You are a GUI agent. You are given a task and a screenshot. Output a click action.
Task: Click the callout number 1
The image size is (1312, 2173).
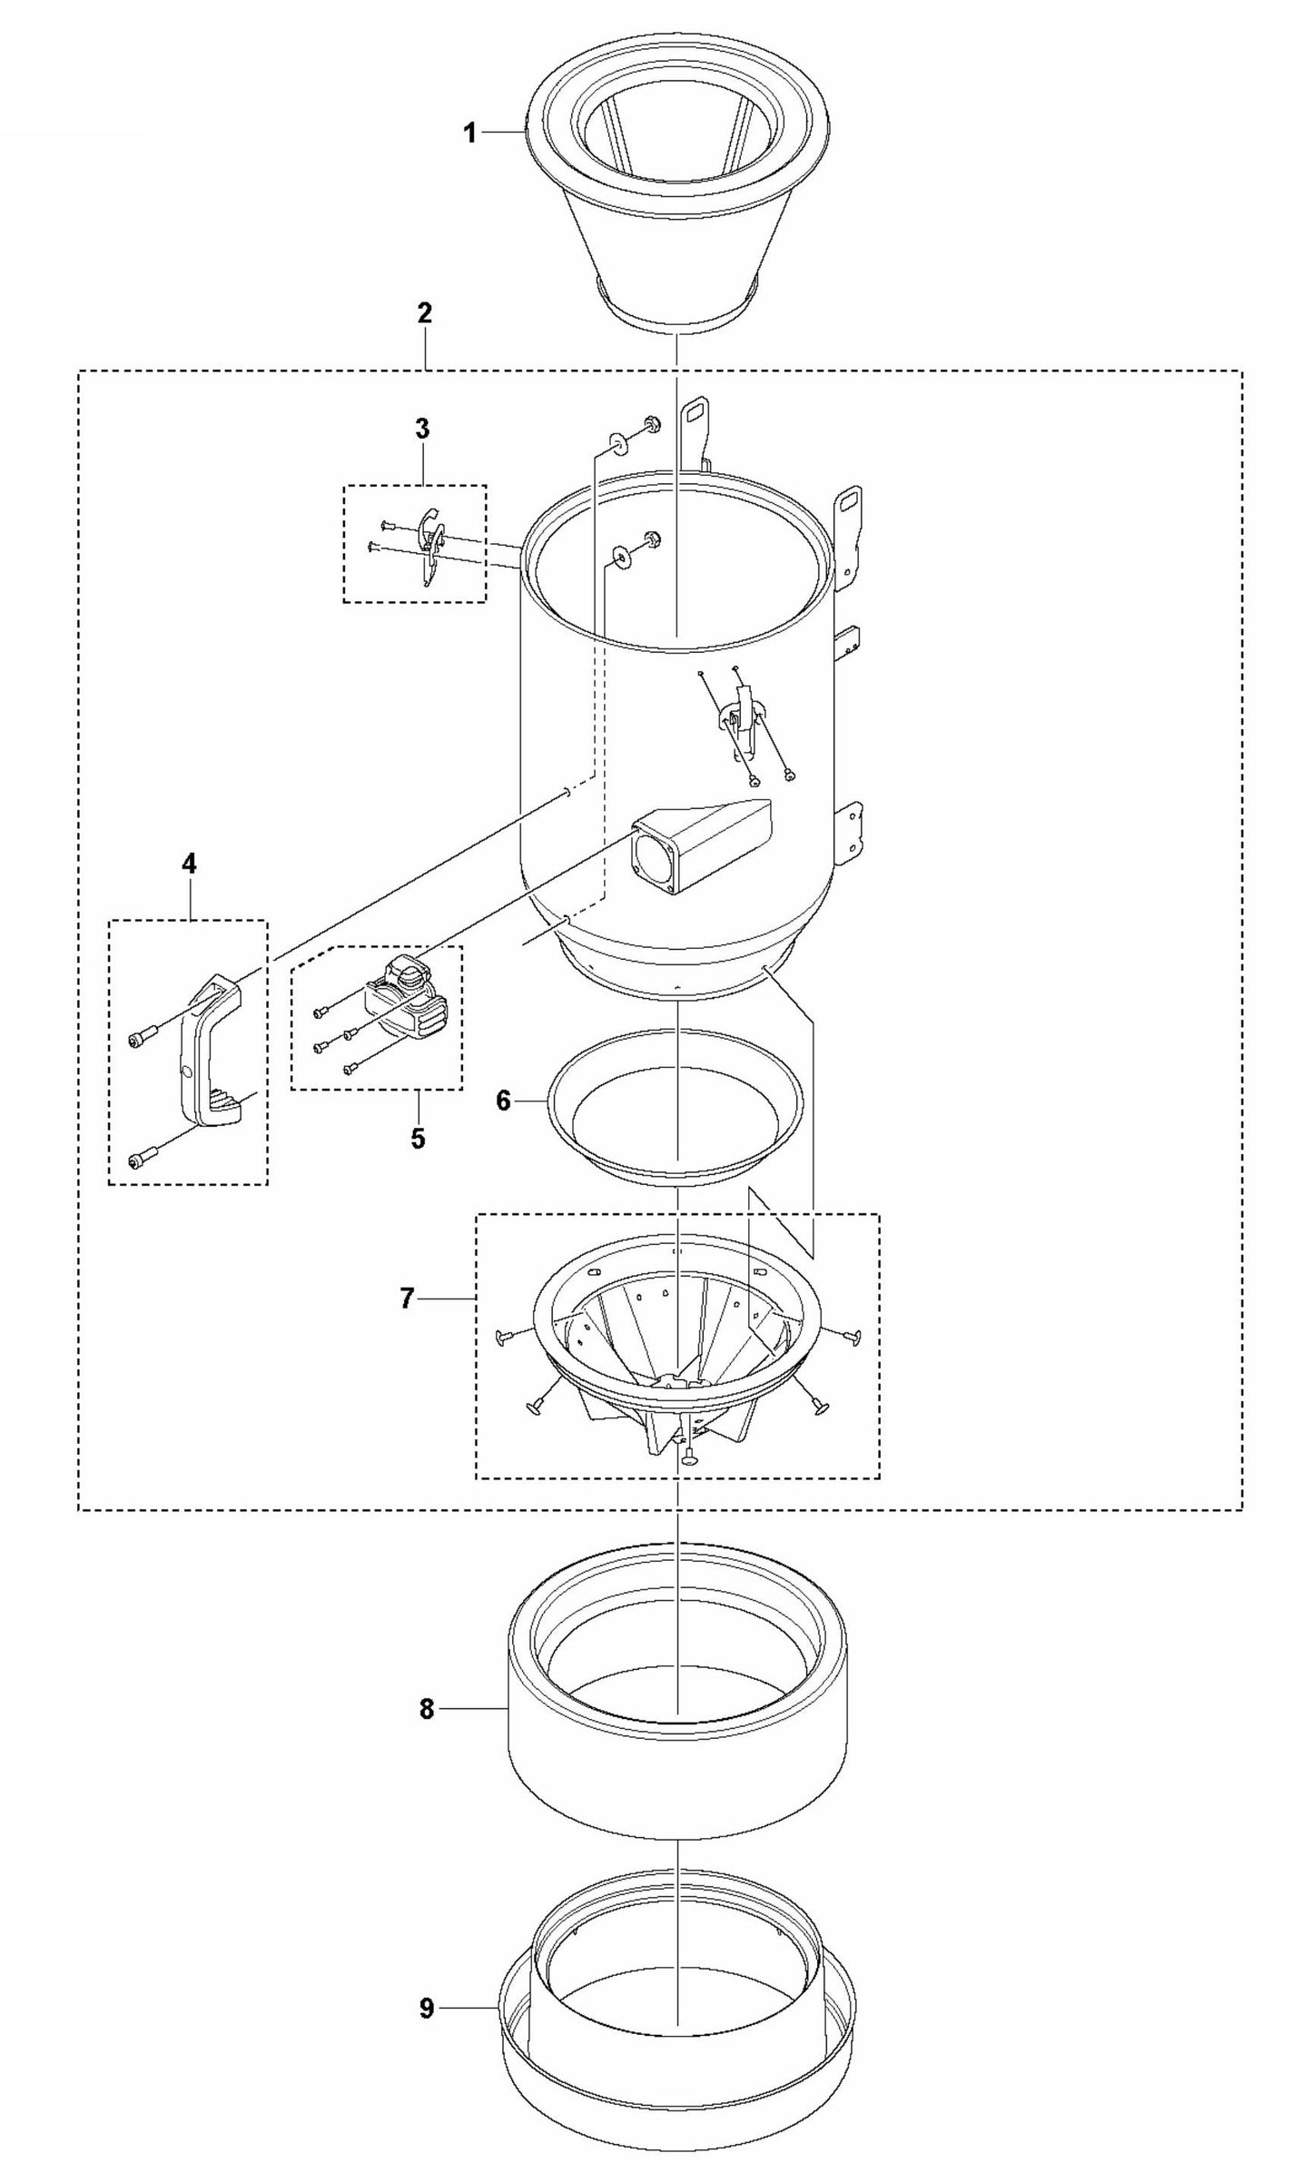tap(469, 133)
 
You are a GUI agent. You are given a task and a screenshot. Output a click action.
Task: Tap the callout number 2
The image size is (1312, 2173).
tap(425, 313)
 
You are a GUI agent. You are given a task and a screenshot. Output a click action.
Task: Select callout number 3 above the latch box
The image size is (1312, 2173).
tap(423, 429)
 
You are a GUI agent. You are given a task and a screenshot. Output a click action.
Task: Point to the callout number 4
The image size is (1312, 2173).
tap(189, 863)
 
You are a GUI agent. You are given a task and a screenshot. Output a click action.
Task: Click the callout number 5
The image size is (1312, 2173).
tap(418, 1138)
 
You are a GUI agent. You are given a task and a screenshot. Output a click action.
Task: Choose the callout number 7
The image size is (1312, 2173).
tap(408, 1299)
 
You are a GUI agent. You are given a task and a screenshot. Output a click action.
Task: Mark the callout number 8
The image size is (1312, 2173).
tap(428, 1709)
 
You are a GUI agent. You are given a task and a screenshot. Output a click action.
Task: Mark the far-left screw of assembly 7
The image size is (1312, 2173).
tap(504, 1335)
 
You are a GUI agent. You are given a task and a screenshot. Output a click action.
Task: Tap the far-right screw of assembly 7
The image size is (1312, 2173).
tap(851, 1335)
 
